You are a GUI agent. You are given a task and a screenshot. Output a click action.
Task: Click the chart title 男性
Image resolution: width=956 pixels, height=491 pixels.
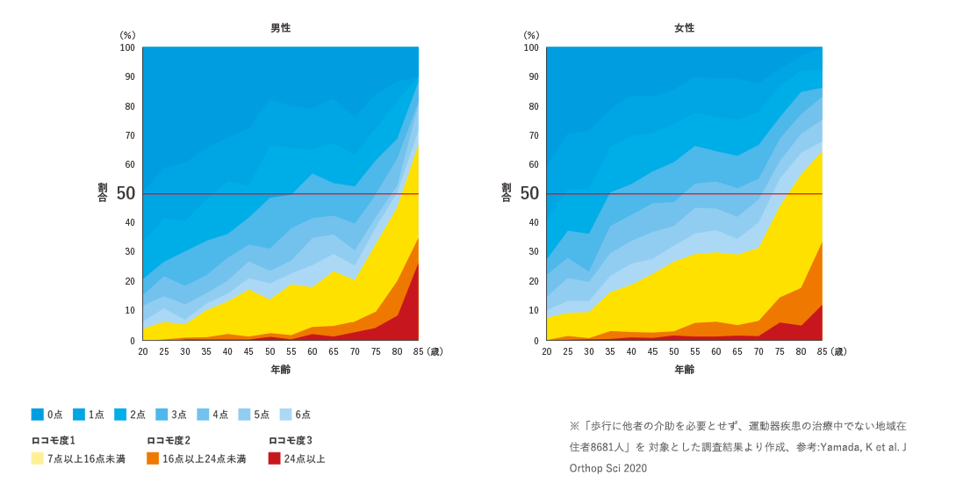280,28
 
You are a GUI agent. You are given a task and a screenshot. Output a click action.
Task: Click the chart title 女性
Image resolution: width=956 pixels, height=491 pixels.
684,28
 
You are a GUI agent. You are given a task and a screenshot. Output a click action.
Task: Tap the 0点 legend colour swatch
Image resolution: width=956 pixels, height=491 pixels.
37,415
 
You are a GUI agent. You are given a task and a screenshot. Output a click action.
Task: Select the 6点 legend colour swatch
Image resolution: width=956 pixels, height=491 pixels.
284,415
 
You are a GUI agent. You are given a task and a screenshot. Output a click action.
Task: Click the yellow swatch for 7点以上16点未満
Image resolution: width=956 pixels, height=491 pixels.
37,459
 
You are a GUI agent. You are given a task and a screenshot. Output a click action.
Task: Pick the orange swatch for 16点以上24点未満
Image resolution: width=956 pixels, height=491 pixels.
153,459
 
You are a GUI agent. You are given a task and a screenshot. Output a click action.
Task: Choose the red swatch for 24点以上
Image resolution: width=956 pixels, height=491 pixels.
274,459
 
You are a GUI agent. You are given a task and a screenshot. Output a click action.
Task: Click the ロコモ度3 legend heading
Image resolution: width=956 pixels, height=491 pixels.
290,440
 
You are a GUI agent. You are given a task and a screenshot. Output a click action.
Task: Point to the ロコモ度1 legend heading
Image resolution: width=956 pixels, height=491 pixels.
53,440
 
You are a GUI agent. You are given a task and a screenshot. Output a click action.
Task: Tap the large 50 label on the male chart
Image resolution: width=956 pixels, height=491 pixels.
126,193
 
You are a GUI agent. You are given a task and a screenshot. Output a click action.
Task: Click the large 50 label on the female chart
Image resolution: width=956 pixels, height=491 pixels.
529,193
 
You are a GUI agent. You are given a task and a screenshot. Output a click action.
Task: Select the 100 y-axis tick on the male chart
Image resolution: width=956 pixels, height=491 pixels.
127,47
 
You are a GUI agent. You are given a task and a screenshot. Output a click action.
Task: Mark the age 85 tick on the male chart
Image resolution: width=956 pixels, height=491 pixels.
418,351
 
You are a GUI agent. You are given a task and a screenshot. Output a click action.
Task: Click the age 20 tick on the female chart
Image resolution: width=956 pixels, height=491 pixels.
546,351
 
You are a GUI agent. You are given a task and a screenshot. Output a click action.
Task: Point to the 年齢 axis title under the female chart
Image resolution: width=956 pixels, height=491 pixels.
684,370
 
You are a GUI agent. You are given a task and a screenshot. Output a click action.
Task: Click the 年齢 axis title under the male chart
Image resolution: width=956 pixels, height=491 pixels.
280,370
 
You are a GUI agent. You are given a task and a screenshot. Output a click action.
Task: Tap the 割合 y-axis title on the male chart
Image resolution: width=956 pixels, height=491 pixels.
102,192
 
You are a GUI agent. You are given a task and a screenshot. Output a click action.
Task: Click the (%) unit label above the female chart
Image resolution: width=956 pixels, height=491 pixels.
531,35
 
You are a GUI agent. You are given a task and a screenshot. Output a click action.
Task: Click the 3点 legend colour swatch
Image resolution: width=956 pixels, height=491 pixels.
161,415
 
